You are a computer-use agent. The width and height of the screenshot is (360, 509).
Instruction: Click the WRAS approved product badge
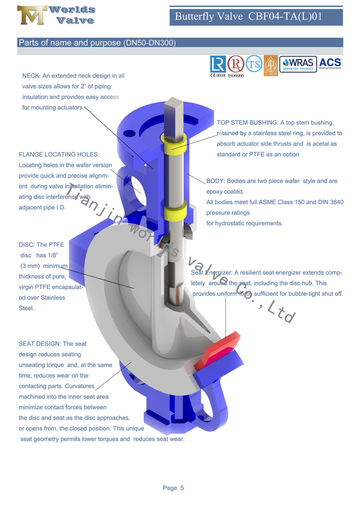298,64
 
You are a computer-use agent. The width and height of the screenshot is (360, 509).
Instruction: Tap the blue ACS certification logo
330,63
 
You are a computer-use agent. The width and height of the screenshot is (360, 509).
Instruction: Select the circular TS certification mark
254,64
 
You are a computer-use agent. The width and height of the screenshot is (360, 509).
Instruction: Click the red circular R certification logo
236,64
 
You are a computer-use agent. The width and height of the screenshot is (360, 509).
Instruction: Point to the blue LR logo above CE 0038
218,64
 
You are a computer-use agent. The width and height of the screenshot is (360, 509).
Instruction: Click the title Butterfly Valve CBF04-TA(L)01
248,17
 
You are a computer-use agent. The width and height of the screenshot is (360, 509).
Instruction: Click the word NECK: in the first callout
31,76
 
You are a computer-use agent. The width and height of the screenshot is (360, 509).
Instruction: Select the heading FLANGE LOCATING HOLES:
59,154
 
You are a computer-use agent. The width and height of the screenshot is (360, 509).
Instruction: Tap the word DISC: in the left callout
26,245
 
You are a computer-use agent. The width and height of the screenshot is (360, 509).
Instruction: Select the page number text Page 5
173,488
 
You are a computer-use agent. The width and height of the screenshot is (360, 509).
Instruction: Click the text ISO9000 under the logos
236,76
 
